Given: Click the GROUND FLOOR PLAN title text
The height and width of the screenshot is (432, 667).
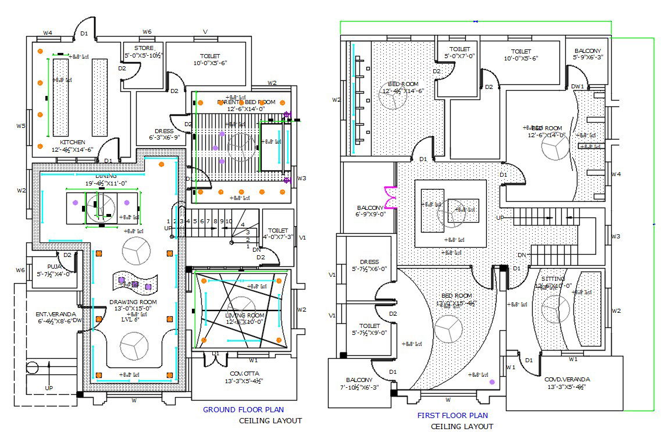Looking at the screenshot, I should pos(244,410).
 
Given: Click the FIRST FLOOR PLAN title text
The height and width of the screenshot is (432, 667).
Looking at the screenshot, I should pos(452,416).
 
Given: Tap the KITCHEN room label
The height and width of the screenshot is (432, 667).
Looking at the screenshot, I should pos(73,142).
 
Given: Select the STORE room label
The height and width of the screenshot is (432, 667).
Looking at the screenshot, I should pos(144,48).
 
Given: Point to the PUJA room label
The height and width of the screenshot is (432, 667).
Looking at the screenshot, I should pos(48,267).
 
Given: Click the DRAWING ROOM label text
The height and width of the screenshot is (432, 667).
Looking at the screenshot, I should pos(133,302).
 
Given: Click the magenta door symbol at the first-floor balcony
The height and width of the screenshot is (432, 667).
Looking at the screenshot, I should pos(388,197).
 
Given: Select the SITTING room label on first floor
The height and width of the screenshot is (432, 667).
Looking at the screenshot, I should pos(553,279).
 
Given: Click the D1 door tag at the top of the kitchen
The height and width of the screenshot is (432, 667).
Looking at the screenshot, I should pos(84,34).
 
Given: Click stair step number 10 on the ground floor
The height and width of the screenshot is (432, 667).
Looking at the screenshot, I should pos(229,221).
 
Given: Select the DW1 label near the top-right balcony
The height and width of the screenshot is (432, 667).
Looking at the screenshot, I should pos(577,86).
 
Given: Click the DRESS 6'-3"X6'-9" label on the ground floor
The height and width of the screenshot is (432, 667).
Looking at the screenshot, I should pos(164,131).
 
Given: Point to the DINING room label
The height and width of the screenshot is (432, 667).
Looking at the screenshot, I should pos(106,176).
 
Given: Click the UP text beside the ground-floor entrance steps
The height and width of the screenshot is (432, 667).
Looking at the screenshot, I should pos(49,387).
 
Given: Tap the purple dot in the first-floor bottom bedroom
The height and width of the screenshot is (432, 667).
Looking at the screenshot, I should pos(492,382).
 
